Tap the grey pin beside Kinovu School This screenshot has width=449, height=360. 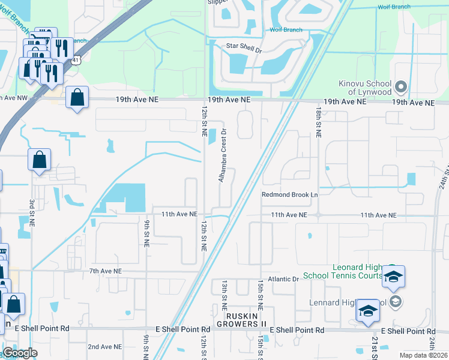point(402,87)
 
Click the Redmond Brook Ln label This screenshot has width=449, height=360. point(289,194)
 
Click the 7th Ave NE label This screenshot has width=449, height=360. point(105,271)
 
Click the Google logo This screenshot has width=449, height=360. point(20,353)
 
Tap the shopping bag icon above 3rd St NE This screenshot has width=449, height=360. point(39,160)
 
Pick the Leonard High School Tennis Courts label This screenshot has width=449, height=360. point(342,271)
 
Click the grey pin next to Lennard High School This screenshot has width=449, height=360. point(395,301)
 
